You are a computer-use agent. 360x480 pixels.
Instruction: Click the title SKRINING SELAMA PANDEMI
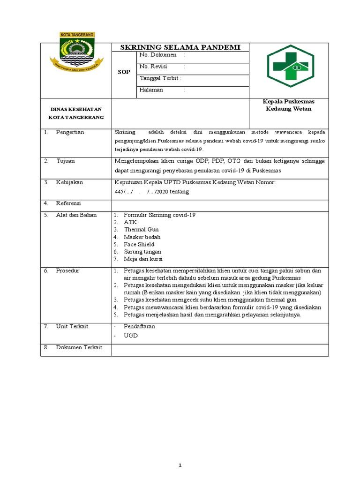click(180, 47)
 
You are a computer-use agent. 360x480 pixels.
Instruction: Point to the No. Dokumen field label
click(157, 55)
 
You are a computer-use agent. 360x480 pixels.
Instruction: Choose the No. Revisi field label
click(154, 67)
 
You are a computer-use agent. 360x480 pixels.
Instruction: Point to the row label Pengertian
click(70, 132)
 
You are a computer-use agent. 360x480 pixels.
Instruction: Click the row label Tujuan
click(65, 161)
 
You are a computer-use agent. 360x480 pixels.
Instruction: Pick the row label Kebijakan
click(69, 182)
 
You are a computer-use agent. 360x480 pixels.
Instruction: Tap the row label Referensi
click(68, 203)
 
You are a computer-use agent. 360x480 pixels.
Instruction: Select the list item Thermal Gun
click(141, 230)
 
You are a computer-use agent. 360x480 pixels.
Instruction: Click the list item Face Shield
click(139, 244)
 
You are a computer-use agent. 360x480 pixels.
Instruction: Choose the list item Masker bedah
click(142, 237)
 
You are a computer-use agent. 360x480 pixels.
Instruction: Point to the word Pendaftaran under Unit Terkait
click(139, 326)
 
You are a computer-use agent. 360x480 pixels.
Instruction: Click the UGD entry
click(131, 336)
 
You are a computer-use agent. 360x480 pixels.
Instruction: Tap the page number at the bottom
click(180, 452)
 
